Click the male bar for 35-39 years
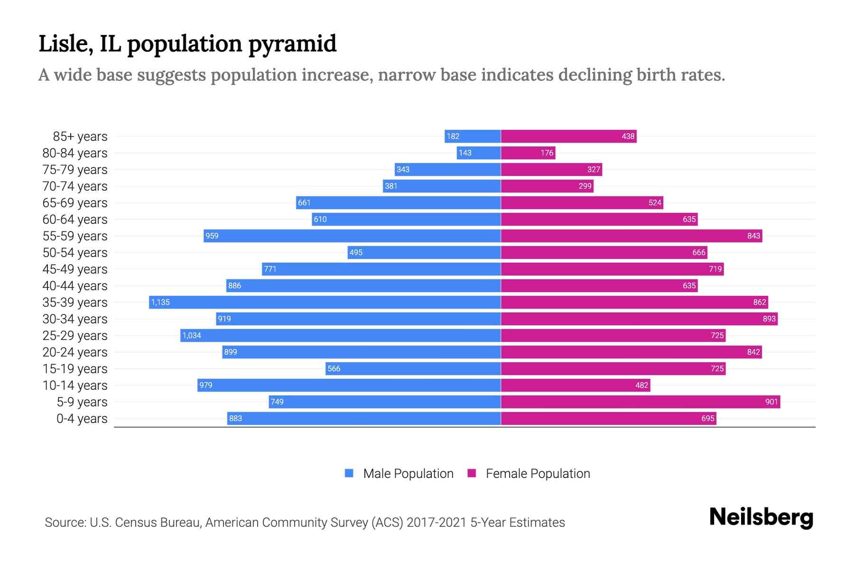pos(325,302)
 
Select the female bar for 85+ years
pos(568,136)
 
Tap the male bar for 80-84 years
pos(479,153)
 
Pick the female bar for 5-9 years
pos(640,402)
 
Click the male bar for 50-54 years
pos(424,252)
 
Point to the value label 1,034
pos(192,335)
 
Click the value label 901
pos(771,402)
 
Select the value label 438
pos(628,136)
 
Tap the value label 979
pos(205,385)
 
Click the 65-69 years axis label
pos(75,203)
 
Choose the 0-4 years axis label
pos(82,419)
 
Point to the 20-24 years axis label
pos(75,352)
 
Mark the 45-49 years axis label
pos(75,269)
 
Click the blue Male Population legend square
pos(349,473)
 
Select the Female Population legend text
pos(538,473)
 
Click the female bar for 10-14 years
pos(576,385)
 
